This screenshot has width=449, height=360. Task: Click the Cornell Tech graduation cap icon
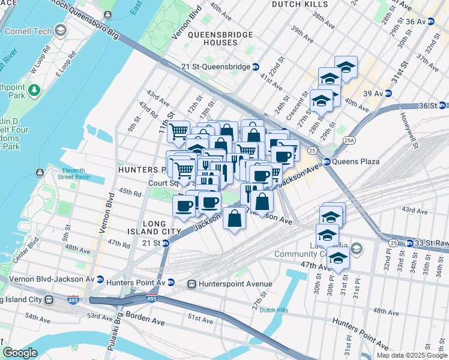point(60,30)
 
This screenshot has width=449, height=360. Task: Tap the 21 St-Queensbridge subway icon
point(256,67)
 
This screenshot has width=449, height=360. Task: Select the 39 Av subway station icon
point(388,94)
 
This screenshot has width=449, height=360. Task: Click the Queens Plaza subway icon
point(327,161)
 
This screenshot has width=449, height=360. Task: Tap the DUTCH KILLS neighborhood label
point(301,4)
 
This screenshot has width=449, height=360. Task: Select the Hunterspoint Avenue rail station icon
point(192,284)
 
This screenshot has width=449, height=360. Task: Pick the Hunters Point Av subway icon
point(171,282)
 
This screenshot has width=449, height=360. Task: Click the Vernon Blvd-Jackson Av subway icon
point(100,280)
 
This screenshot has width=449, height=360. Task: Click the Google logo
point(20,353)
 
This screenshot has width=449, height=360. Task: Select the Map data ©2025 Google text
point(412,355)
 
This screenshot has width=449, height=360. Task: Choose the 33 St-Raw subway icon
point(409,243)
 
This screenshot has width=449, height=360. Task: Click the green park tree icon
point(35,90)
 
